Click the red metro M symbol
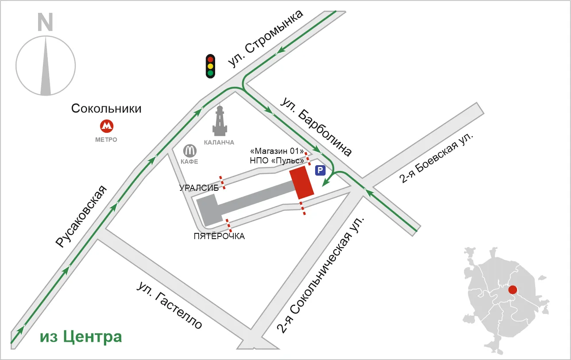point(107,126)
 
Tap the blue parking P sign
point(320,170)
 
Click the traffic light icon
point(210,66)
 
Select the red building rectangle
point(301,182)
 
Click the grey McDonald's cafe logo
point(190,151)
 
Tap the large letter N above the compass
point(45,22)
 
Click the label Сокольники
point(106,108)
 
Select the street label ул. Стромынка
point(266,39)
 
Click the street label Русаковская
point(81,217)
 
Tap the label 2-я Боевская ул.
point(436,158)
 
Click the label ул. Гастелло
point(170,305)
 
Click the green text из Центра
point(81,337)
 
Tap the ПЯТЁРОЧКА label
point(219,236)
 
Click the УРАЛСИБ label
point(199,188)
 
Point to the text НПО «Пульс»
point(277,161)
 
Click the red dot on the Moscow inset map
point(513,290)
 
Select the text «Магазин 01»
point(277,151)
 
